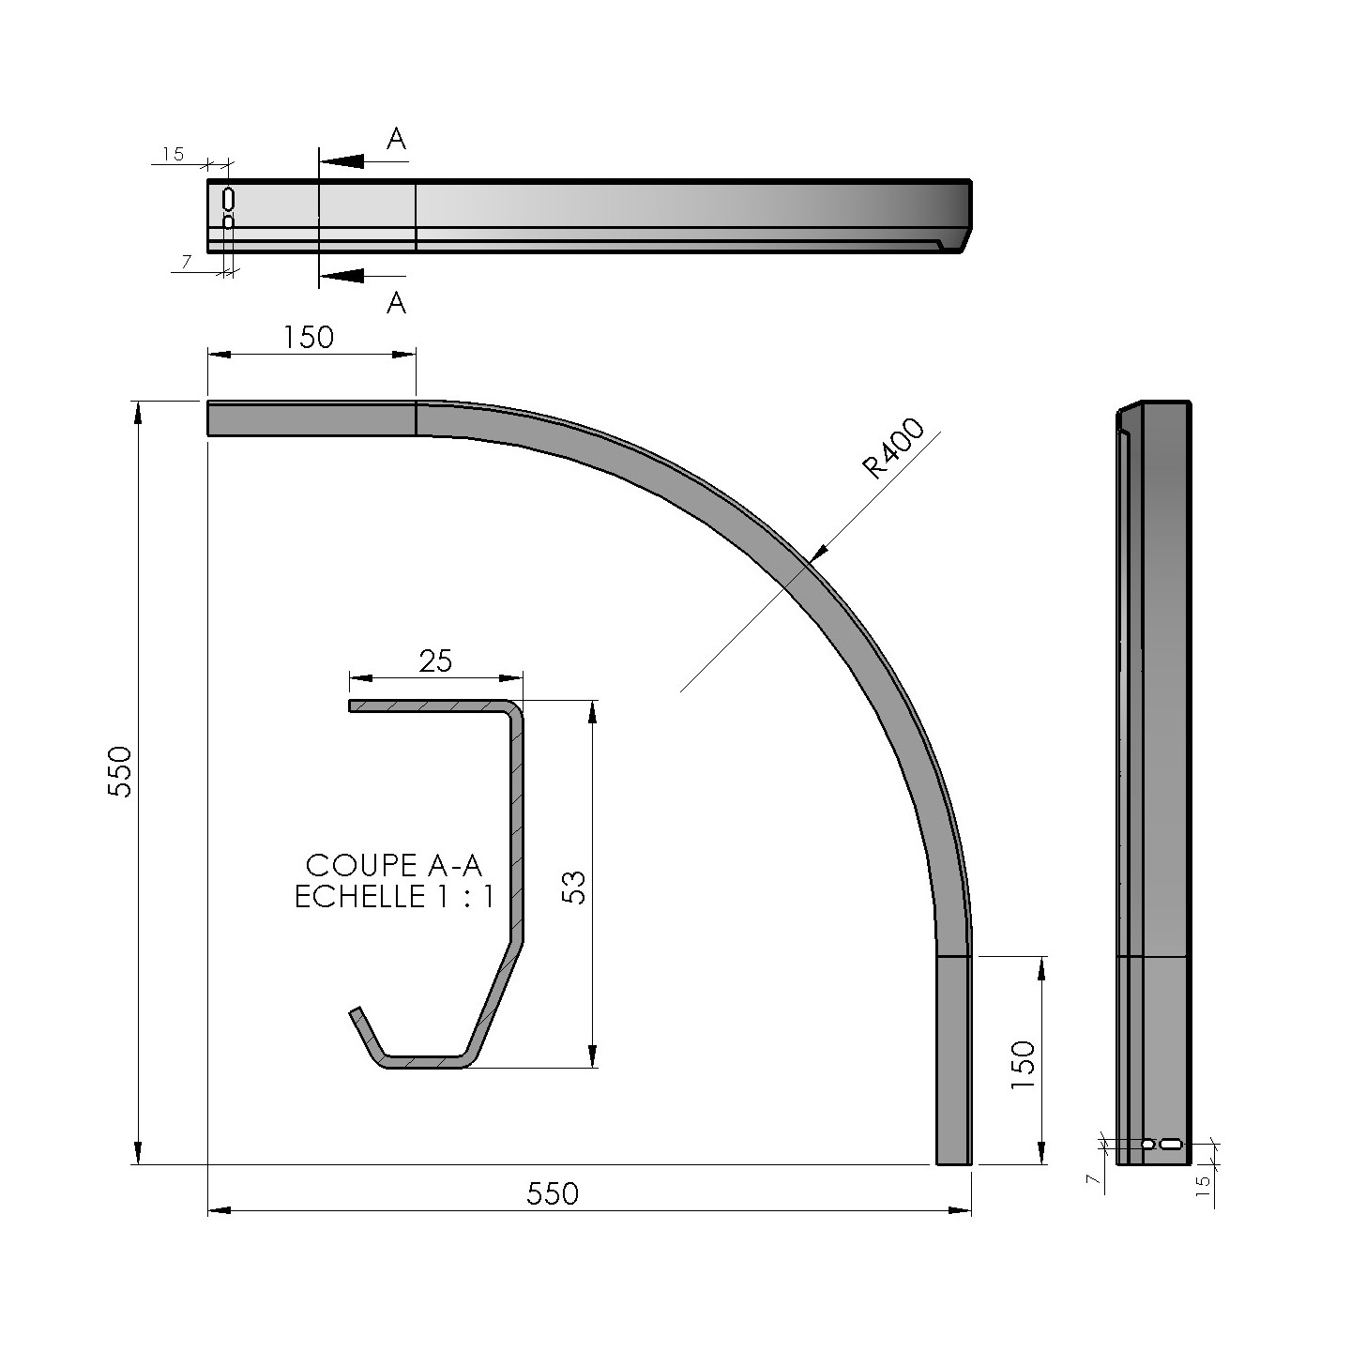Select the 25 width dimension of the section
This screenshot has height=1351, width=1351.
[x=435, y=660]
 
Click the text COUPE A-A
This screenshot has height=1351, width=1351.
[x=394, y=865]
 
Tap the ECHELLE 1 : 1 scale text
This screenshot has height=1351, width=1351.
[x=394, y=897]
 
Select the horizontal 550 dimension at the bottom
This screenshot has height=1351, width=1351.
[x=553, y=1193]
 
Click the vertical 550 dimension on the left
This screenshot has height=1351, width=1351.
[x=120, y=771]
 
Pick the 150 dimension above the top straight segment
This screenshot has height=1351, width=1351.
[x=309, y=337]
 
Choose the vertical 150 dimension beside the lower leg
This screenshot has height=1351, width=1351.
[x=1023, y=1064]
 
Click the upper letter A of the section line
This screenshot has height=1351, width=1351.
[x=397, y=140]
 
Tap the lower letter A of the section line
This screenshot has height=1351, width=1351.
[x=397, y=303]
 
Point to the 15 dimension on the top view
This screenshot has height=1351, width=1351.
[x=173, y=155]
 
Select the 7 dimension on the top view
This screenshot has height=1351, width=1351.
[x=186, y=263]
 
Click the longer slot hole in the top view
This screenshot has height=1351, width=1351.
[x=228, y=199]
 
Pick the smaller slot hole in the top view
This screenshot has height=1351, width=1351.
[x=228, y=222]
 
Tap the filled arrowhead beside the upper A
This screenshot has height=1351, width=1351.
[x=342, y=161]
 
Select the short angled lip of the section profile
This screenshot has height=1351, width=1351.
[x=366, y=1034]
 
